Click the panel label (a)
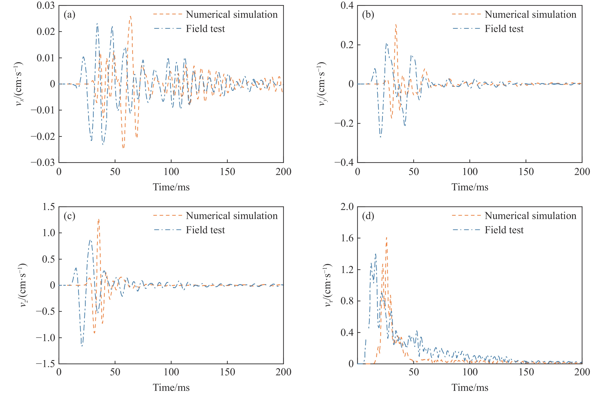click(x=69, y=15)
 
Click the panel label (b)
click(x=368, y=15)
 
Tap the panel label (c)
click(x=69, y=216)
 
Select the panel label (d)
click(x=368, y=216)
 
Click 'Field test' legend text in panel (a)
click(x=205, y=29)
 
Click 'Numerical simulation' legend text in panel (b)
click(x=530, y=15)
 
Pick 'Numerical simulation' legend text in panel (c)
click(x=232, y=216)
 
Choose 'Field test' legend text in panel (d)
click(x=504, y=230)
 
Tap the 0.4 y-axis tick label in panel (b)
click(x=347, y=6)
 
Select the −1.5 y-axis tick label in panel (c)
click(x=45, y=364)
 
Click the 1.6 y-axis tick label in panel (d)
click(x=347, y=238)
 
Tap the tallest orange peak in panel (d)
click(x=386, y=237)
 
